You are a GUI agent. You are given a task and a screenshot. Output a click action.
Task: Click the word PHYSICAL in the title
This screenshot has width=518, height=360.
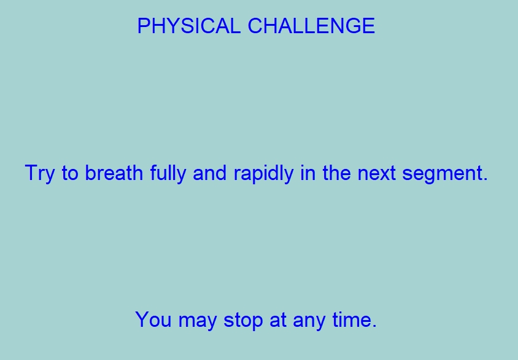[188, 26]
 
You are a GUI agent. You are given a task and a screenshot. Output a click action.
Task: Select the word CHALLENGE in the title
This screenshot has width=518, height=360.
[311, 26]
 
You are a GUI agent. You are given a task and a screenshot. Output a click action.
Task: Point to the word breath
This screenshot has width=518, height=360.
[114, 173]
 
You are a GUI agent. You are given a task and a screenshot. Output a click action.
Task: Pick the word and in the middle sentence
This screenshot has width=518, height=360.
[209, 173]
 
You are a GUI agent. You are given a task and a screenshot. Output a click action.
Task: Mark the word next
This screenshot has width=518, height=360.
[376, 173]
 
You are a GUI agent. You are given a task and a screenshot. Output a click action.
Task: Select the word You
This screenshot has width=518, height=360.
[153, 319]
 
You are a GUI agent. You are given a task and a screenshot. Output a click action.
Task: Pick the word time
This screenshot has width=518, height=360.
[352, 319]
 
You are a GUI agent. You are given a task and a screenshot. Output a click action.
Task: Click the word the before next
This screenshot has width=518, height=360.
[336, 173]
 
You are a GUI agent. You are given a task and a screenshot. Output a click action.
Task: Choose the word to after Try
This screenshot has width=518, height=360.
[70, 173]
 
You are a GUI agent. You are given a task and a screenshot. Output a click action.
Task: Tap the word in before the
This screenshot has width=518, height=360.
[307, 173]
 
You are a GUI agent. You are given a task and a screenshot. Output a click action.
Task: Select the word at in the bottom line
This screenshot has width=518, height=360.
[278, 320]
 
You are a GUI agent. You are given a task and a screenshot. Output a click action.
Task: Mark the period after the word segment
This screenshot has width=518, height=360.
[485, 179]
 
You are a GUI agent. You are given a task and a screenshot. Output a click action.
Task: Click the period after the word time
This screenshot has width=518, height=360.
[374, 326]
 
